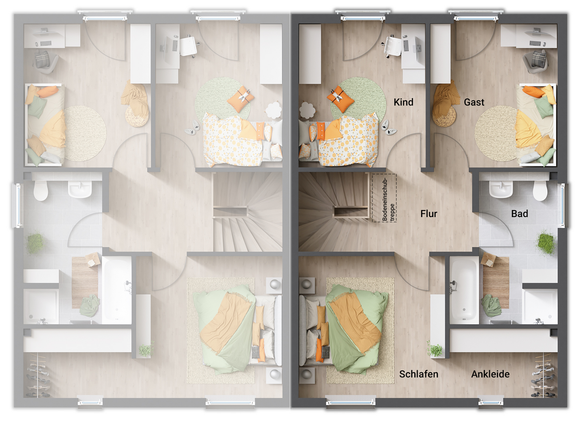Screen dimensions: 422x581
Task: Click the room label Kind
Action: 403,102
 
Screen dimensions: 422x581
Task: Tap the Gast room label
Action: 474,102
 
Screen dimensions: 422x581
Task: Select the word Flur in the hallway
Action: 428,213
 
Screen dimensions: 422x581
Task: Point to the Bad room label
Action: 519,213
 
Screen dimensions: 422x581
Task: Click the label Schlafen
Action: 418,374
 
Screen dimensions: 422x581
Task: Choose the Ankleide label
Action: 490,374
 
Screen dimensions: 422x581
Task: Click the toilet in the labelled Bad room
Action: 540,190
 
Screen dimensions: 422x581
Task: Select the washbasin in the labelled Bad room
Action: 501,189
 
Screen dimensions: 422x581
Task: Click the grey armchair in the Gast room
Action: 535,61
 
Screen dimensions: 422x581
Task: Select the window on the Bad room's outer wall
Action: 563,205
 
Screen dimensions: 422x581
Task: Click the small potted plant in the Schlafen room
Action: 435,349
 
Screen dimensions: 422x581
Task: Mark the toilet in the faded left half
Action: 41,190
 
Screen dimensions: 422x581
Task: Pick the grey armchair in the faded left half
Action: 45,61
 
